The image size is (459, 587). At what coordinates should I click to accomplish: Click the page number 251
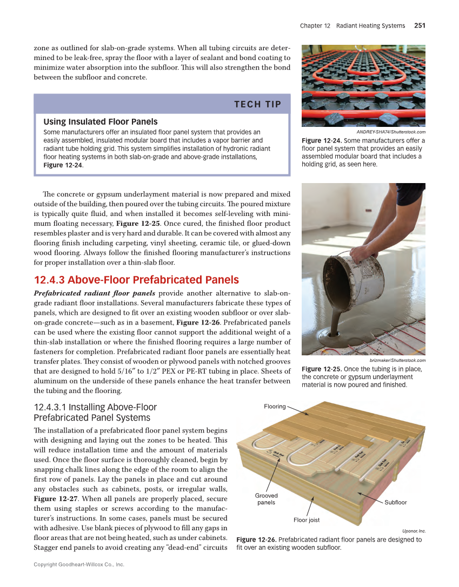[420, 25]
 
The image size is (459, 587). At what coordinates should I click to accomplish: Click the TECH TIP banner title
[257, 104]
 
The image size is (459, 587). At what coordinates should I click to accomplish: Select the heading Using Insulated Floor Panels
[100, 122]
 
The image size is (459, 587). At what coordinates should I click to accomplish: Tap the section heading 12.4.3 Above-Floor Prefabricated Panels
[136, 280]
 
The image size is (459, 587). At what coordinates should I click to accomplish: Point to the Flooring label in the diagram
[275, 406]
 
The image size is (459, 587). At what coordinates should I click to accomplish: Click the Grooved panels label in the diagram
[266, 499]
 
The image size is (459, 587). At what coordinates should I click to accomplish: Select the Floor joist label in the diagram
[306, 520]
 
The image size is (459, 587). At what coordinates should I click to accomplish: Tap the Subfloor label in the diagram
[396, 502]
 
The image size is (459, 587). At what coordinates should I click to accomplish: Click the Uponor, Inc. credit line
[414, 531]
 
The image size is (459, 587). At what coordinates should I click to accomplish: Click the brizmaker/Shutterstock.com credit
[397, 360]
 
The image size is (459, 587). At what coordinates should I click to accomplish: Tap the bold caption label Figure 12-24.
[321, 141]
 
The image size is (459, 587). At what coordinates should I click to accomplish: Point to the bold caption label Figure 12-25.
[321, 369]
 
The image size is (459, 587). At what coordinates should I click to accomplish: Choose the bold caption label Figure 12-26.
[256, 539]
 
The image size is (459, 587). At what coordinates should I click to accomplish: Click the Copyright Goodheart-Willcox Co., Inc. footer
[79, 564]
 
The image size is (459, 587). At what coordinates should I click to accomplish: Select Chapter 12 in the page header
[315, 25]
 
